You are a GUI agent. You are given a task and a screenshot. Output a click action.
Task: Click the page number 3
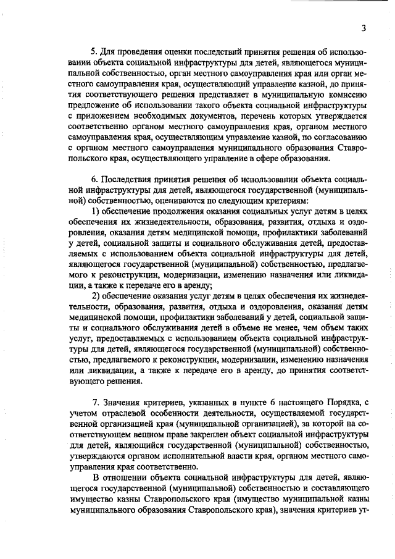tap(365, 28)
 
